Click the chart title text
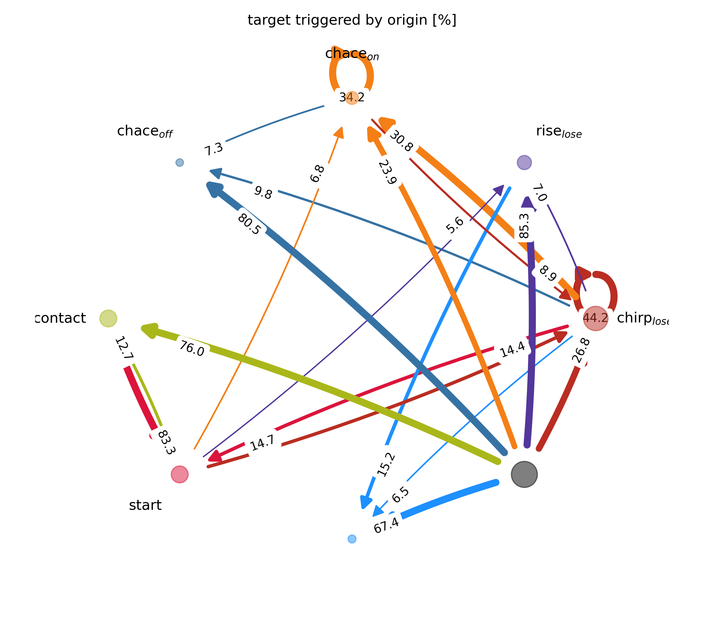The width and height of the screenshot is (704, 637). click(x=352, y=20)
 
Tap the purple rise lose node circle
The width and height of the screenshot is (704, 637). click(x=524, y=162)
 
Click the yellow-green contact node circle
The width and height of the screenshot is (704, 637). click(x=108, y=318)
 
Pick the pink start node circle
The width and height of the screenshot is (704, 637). click(x=179, y=474)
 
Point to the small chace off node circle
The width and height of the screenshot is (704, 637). click(x=179, y=162)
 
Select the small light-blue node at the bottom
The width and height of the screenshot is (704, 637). click(x=352, y=539)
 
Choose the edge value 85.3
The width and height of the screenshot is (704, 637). click(x=525, y=226)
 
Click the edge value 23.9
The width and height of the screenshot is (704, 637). click(x=388, y=172)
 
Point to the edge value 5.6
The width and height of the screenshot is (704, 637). click(x=455, y=225)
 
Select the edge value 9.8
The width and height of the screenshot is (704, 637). click(x=263, y=193)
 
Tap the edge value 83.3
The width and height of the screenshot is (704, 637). click(x=165, y=443)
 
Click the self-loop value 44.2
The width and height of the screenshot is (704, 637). click(x=595, y=318)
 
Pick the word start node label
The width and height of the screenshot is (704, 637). click(x=145, y=505)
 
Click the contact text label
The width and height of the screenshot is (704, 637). click(x=61, y=318)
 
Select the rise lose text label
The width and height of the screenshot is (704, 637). click(x=559, y=132)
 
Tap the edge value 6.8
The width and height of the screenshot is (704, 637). click(x=317, y=173)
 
